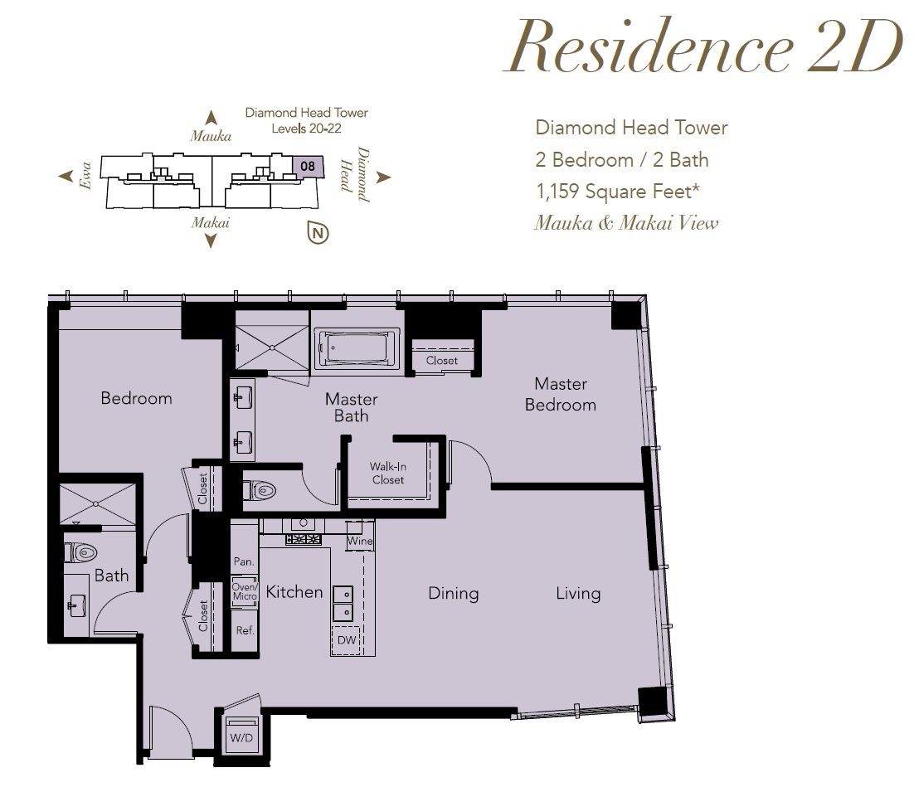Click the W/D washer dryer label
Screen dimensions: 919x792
(241, 737)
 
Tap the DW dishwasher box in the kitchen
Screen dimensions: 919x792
(347, 639)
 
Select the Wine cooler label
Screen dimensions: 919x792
(359, 541)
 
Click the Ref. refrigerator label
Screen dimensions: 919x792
(245, 630)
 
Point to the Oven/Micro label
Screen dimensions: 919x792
(245, 591)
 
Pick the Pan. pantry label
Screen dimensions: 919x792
(244, 561)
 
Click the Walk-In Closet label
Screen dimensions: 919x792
(388, 473)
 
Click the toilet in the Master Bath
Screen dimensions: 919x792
(260, 490)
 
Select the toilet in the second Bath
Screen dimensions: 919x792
(81, 552)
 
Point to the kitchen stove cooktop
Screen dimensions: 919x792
(303, 539)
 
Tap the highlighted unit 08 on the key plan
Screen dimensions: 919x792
(307, 167)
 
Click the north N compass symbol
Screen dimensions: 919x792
(318, 233)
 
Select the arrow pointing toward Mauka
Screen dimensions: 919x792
(211, 117)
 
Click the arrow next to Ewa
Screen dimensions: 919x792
(66, 176)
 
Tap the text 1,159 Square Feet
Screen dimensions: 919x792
(618, 192)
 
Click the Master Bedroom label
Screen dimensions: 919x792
(561, 394)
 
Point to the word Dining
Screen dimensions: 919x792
(453, 594)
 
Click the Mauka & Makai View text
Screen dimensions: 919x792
(626, 223)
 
